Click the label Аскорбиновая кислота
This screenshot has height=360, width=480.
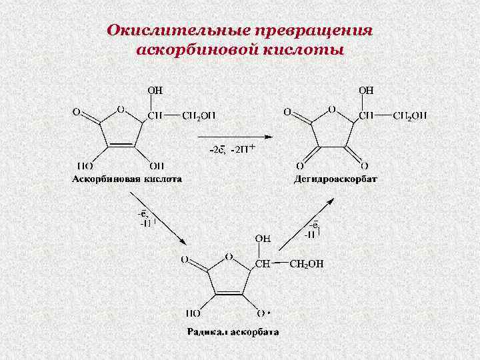127,179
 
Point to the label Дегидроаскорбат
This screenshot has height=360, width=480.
336,179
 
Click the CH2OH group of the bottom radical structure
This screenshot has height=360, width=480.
306,264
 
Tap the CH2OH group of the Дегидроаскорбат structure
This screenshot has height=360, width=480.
410,115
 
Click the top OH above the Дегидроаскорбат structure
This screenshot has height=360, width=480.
367,89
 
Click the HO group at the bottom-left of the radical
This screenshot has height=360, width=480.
193,312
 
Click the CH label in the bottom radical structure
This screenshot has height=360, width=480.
263,264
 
